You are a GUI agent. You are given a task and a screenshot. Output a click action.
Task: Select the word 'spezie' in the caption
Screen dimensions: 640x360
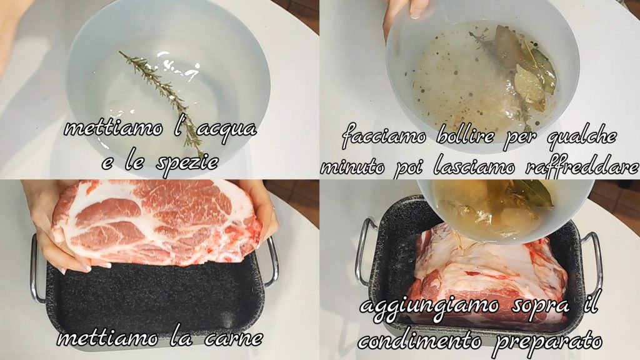(x=187, y=164)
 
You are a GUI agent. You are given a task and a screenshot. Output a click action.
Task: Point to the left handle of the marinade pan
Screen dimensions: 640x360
(x=362, y=252)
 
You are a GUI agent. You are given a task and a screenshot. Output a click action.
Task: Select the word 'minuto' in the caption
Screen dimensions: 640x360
(x=352, y=167)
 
